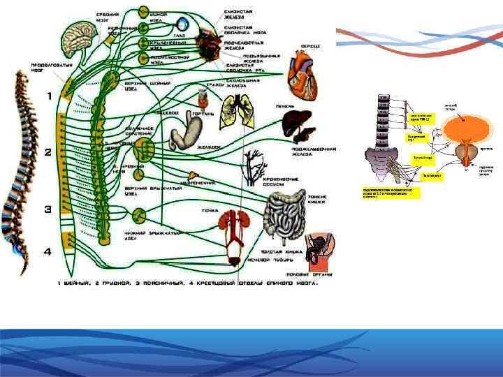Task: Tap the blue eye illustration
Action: tap(183, 24)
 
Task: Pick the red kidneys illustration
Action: tap(232, 228)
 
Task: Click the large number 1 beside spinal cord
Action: tap(50, 96)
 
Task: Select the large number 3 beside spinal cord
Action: tap(49, 208)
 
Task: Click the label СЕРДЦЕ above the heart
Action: tap(311, 46)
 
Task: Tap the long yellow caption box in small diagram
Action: tap(391, 192)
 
